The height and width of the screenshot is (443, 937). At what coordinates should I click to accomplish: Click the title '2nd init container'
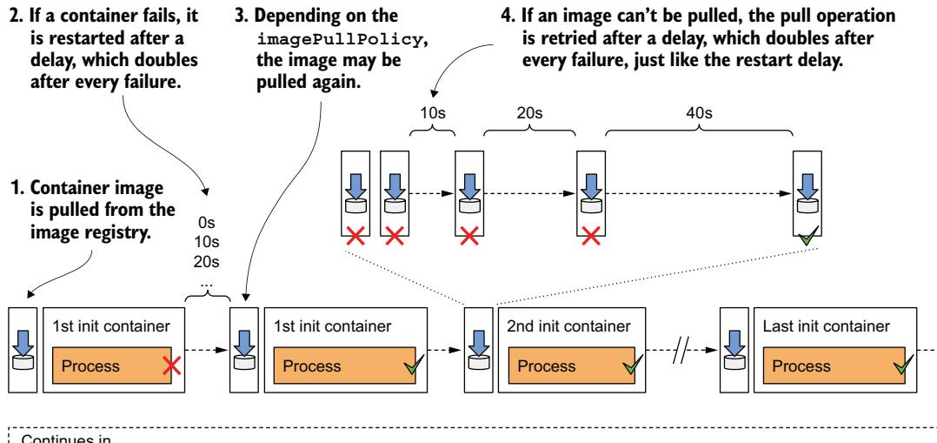click(551, 326)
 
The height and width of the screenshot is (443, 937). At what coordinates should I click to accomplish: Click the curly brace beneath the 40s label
click(699, 132)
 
